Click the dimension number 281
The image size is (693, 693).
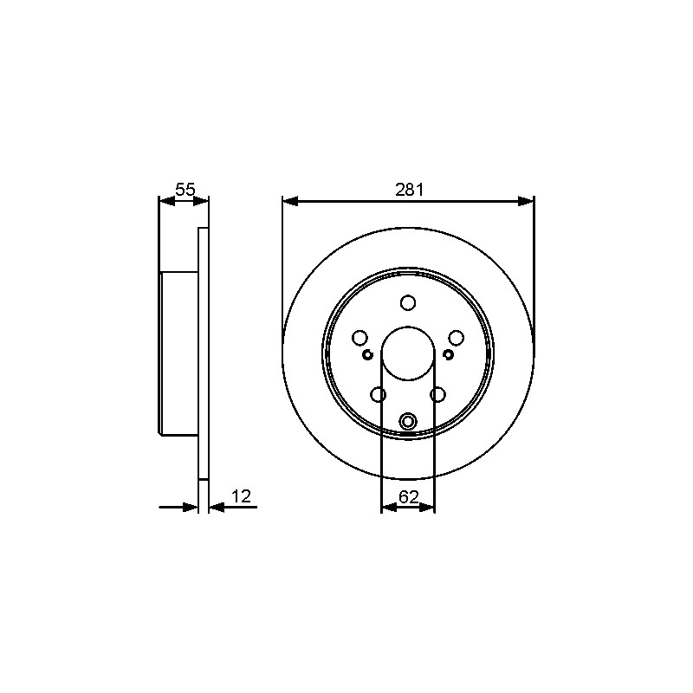click(x=409, y=190)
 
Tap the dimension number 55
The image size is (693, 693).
click(x=185, y=190)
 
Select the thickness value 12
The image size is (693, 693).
click(x=242, y=496)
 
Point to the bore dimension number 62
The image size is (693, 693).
click(x=408, y=497)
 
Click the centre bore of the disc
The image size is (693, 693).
click(x=408, y=353)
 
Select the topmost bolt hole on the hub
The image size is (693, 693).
click(x=408, y=302)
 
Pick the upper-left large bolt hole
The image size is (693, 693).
click(x=359, y=338)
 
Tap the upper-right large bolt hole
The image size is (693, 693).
click(x=457, y=338)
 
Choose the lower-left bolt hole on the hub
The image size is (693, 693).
click(x=379, y=395)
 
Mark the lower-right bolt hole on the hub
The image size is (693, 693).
click(x=437, y=395)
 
